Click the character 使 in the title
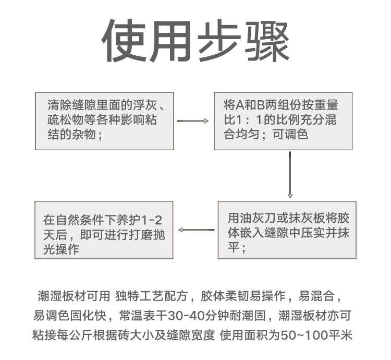(124, 41)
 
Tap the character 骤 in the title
(267, 41)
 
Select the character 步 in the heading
(219, 41)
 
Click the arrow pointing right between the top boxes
(192, 121)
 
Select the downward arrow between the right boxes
(290, 175)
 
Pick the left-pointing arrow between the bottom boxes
(196, 230)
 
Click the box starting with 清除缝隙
(105, 121)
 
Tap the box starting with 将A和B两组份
(283, 121)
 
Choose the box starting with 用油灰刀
(287, 230)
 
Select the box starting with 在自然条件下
(104, 230)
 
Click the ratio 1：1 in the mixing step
(249, 120)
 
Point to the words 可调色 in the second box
(290, 135)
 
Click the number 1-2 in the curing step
(152, 220)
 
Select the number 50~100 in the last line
(304, 335)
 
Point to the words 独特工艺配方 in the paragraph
(151, 296)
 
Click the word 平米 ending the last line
(340, 335)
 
